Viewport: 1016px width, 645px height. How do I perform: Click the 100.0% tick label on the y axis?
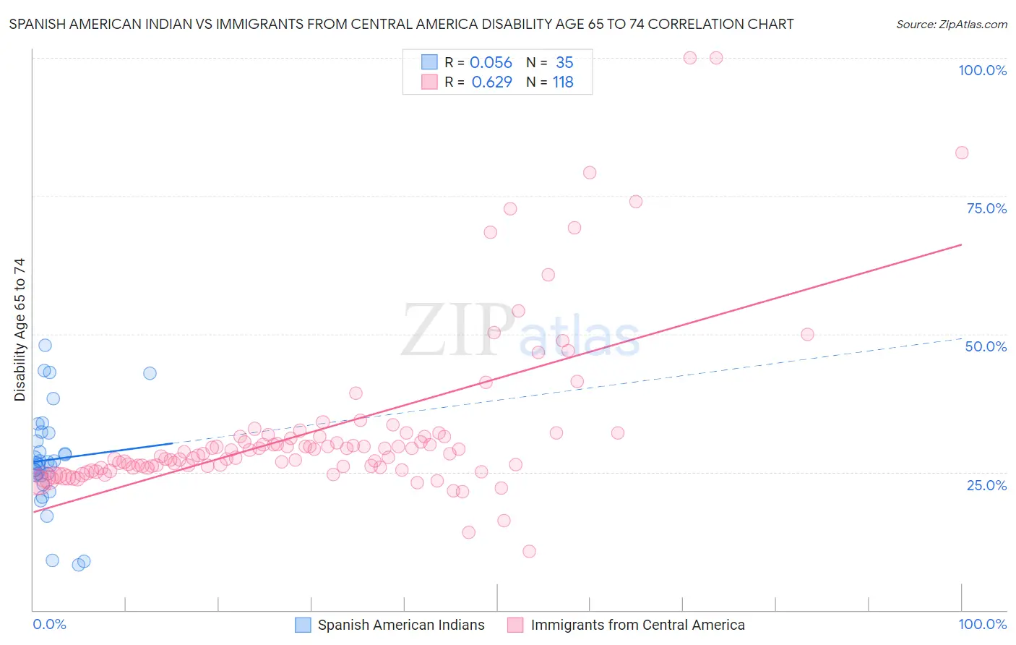point(982,70)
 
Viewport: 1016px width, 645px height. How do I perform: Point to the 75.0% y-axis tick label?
point(986,208)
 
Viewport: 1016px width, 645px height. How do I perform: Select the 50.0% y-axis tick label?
point(986,346)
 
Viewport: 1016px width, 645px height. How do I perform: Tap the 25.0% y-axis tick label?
point(986,484)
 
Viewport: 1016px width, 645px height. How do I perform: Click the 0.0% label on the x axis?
point(49,624)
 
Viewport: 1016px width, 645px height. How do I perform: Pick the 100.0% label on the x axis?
point(982,624)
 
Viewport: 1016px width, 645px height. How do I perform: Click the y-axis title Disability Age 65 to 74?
point(20,330)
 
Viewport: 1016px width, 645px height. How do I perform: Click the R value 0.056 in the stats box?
point(491,63)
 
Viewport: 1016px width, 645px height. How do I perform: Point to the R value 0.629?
point(491,82)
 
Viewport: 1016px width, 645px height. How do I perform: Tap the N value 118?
point(563,82)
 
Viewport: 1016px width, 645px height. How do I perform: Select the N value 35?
point(564,63)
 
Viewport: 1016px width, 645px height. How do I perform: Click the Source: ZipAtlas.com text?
point(951,25)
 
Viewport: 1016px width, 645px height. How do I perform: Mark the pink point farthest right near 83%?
point(961,153)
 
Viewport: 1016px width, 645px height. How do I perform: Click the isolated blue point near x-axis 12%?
point(150,373)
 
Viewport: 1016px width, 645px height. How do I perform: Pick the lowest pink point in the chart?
point(529,551)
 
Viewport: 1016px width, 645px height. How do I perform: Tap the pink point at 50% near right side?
point(807,334)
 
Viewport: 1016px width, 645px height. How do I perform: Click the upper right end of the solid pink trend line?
point(961,244)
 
